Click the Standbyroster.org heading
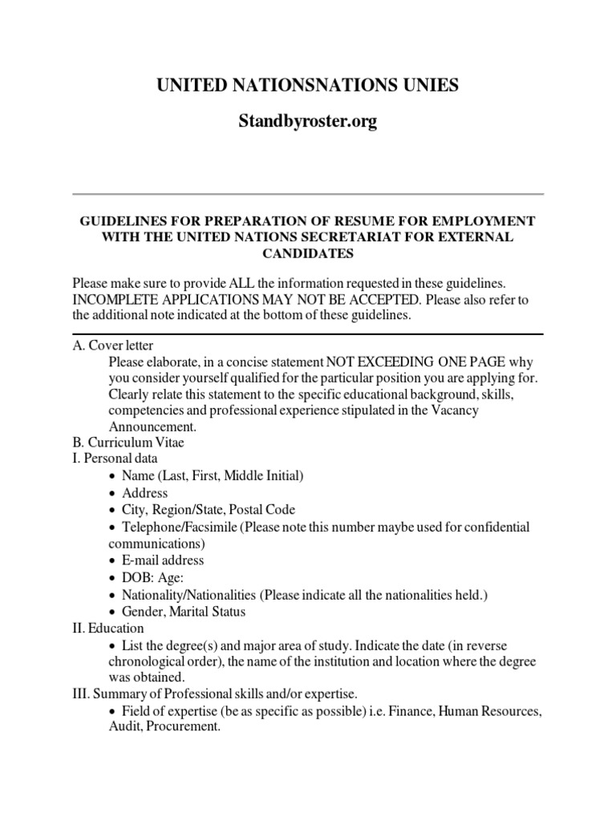point(307,122)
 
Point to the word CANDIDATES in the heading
point(308,253)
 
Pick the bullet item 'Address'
point(145,492)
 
